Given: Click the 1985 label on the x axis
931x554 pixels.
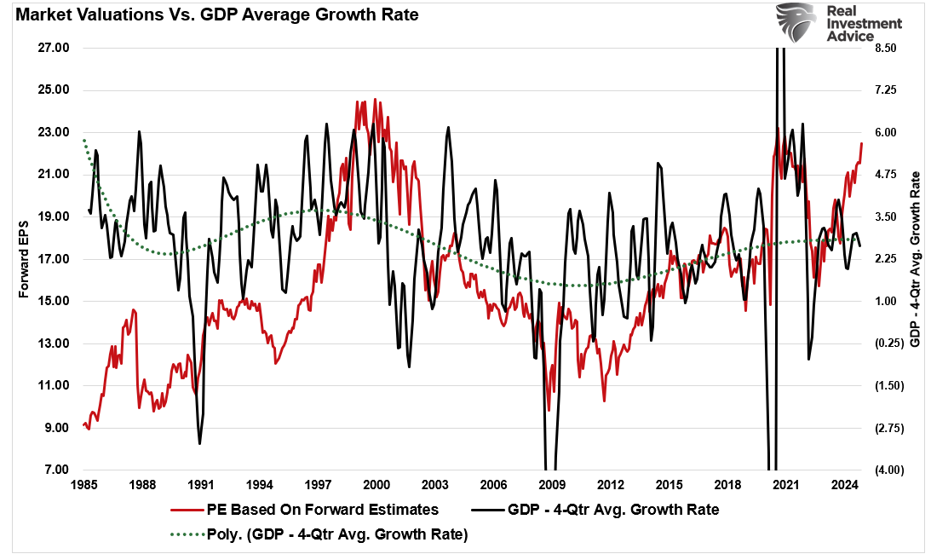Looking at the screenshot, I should pos(83,486).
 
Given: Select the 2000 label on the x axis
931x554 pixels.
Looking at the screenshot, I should pos(376,486).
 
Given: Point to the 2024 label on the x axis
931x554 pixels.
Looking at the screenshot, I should pos(844,486).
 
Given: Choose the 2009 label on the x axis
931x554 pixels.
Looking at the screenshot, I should pos(552,486).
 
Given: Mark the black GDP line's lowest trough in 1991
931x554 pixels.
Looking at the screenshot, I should pos(200,443).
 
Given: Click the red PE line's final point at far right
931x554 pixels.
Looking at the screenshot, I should pos(861,143).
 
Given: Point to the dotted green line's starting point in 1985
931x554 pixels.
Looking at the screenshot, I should pos(83,140).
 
